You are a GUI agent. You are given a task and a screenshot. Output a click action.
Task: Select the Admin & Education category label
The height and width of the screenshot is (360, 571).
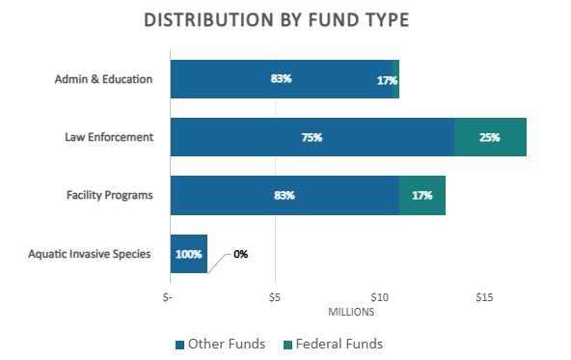click(104, 79)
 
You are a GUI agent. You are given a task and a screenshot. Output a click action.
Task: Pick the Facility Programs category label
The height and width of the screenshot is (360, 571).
click(109, 195)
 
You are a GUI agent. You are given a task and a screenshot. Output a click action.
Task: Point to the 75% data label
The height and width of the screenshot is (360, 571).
click(312, 138)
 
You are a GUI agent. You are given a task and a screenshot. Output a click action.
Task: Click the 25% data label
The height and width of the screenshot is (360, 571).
click(489, 138)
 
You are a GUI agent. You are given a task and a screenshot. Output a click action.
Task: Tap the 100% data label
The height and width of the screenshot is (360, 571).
click(188, 255)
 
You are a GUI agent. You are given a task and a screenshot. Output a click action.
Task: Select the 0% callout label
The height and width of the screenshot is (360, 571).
click(240, 254)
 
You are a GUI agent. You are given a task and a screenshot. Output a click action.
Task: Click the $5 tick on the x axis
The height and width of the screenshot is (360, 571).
click(276, 295)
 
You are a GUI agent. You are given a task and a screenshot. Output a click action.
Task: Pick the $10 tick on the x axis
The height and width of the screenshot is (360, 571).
click(379, 295)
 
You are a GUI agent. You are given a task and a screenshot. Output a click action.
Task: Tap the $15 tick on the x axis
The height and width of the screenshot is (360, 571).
click(484, 295)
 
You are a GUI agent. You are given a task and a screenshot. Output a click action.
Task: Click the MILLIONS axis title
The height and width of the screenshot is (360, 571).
click(350, 311)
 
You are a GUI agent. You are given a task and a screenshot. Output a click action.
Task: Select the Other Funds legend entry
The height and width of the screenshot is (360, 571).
click(220, 344)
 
